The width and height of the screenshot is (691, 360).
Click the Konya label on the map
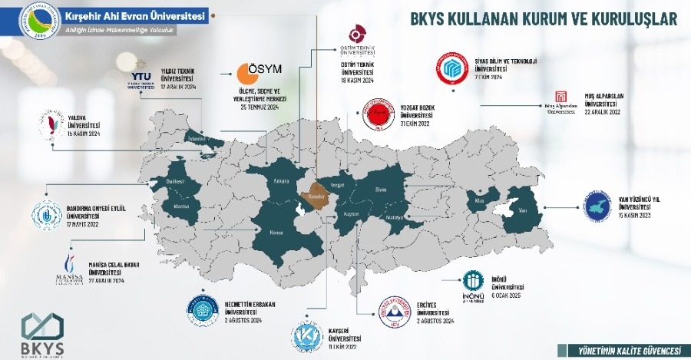(x=278, y=233)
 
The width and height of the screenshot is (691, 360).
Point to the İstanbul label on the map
(x=200, y=140)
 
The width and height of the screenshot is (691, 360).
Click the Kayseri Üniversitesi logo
(x=307, y=335)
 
